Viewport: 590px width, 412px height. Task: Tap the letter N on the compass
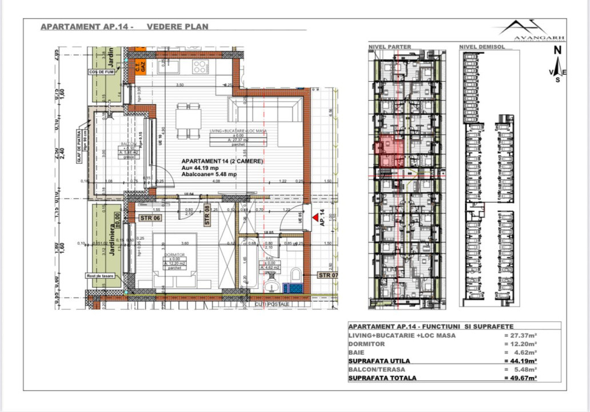(557, 50)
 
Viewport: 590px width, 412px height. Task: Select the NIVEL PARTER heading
(390, 47)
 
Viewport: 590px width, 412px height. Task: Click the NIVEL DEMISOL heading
(481, 47)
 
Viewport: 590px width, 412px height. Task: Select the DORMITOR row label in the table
(367, 344)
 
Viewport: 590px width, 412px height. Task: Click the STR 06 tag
(151, 218)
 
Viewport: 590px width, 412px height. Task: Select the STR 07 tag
(328, 275)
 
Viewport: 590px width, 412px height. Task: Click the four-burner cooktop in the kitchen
(200, 66)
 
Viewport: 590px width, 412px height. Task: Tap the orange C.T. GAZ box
(137, 66)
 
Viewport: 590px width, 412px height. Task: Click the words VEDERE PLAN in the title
(177, 26)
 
